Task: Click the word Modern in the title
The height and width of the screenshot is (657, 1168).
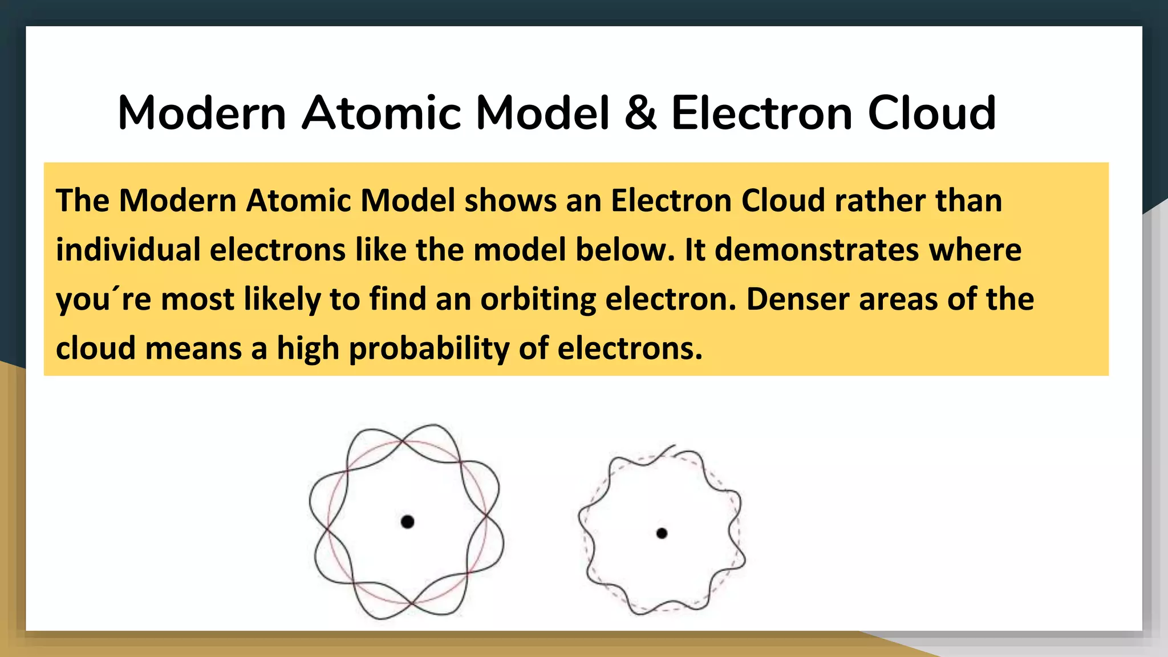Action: point(202,113)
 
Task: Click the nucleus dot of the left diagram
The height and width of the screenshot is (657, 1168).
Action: point(407,521)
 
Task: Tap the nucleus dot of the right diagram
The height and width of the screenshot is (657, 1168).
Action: point(662,533)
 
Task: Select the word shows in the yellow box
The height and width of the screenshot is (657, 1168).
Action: point(510,201)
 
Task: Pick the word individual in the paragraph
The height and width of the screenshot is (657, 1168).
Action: point(128,250)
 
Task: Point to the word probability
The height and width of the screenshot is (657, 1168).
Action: point(429,348)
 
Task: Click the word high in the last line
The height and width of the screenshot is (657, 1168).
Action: point(308,348)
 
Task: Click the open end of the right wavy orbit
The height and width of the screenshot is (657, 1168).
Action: point(674,446)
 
